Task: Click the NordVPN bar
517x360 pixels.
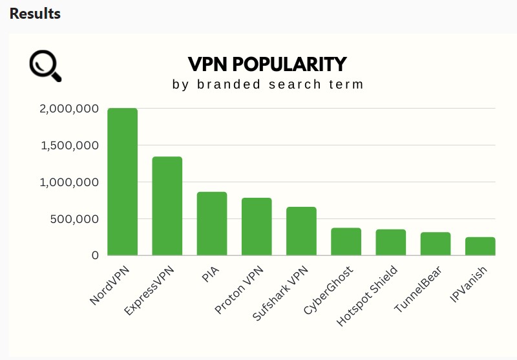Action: click(122, 182)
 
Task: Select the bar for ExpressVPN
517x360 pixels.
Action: click(167, 206)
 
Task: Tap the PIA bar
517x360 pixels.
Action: click(212, 224)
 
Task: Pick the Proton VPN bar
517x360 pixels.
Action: click(257, 227)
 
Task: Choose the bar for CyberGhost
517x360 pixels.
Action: click(346, 242)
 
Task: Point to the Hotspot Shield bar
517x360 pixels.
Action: click(390, 242)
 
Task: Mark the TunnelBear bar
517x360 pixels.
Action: click(436, 244)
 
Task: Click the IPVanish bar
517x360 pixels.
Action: click(480, 246)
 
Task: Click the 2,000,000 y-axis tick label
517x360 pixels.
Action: click(69, 109)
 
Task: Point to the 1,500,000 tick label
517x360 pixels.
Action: click(69, 146)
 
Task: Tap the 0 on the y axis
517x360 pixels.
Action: click(95, 256)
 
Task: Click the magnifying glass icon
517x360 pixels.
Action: click(45, 66)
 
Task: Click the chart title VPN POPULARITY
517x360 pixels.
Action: click(268, 65)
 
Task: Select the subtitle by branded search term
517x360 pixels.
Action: click(268, 85)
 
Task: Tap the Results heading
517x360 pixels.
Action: click(35, 14)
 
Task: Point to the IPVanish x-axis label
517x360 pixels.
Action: click(468, 285)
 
